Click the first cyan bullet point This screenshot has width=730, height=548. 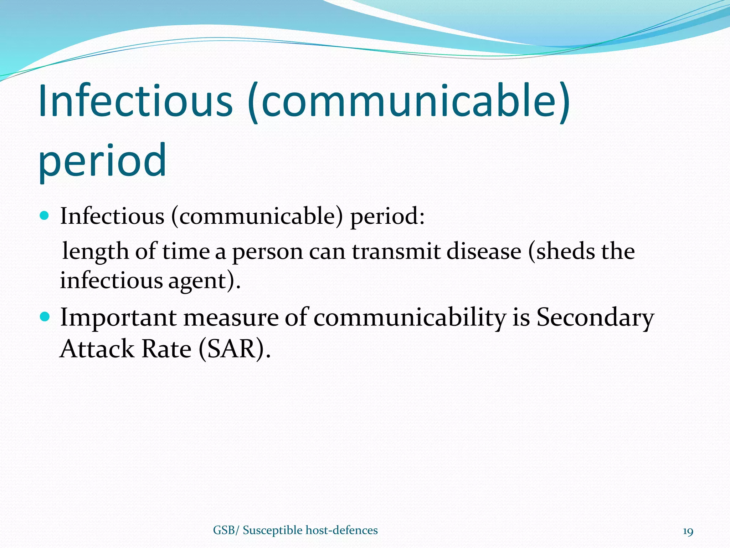(44, 215)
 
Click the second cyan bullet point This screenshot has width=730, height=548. (44, 316)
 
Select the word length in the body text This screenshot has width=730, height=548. (95, 252)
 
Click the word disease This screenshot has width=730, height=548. (484, 252)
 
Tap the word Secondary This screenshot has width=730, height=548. (595, 318)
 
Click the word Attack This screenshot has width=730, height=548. (97, 349)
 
